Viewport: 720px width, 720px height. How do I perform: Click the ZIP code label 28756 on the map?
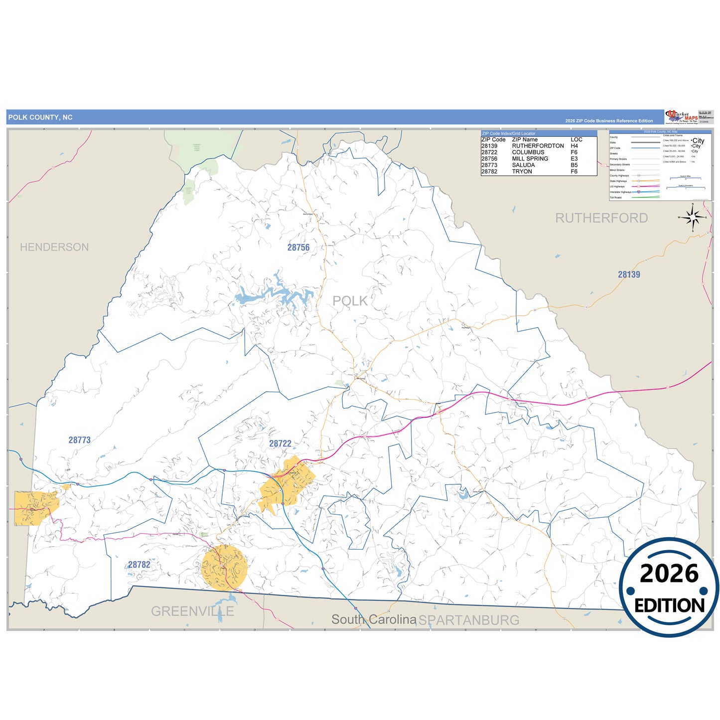pyautogui.click(x=298, y=247)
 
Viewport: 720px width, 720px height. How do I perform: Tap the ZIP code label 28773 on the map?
pyautogui.click(x=80, y=440)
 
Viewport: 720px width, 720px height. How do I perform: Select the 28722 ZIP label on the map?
pyautogui.click(x=280, y=443)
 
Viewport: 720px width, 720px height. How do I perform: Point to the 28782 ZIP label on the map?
pyautogui.click(x=139, y=565)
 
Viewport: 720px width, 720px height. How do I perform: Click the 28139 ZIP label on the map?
pyautogui.click(x=629, y=275)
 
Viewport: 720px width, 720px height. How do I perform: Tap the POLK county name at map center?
pyautogui.click(x=350, y=301)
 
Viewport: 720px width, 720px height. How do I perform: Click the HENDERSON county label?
pyautogui.click(x=54, y=247)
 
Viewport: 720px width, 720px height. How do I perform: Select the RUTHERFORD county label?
pyautogui.click(x=601, y=218)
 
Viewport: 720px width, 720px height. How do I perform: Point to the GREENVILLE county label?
pyautogui.click(x=192, y=611)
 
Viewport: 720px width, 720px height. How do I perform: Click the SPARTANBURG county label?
pyautogui.click(x=469, y=620)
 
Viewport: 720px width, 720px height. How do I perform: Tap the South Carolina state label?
pyautogui.click(x=374, y=619)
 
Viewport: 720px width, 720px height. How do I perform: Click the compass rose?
pyautogui.click(x=693, y=217)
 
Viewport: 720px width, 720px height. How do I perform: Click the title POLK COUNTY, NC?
pyautogui.click(x=40, y=118)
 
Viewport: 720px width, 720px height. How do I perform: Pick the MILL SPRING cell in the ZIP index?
pyautogui.click(x=530, y=158)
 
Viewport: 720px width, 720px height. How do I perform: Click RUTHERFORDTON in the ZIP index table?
pyautogui.click(x=538, y=146)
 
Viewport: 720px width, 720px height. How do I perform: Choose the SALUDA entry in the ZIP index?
pyautogui.click(x=523, y=165)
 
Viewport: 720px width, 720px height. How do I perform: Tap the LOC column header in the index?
pyautogui.click(x=576, y=140)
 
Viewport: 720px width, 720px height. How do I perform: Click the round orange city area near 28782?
pyautogui.click(x=224, y=568)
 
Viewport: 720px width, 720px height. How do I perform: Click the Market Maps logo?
pyautogui.click(x=682, y=117)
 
